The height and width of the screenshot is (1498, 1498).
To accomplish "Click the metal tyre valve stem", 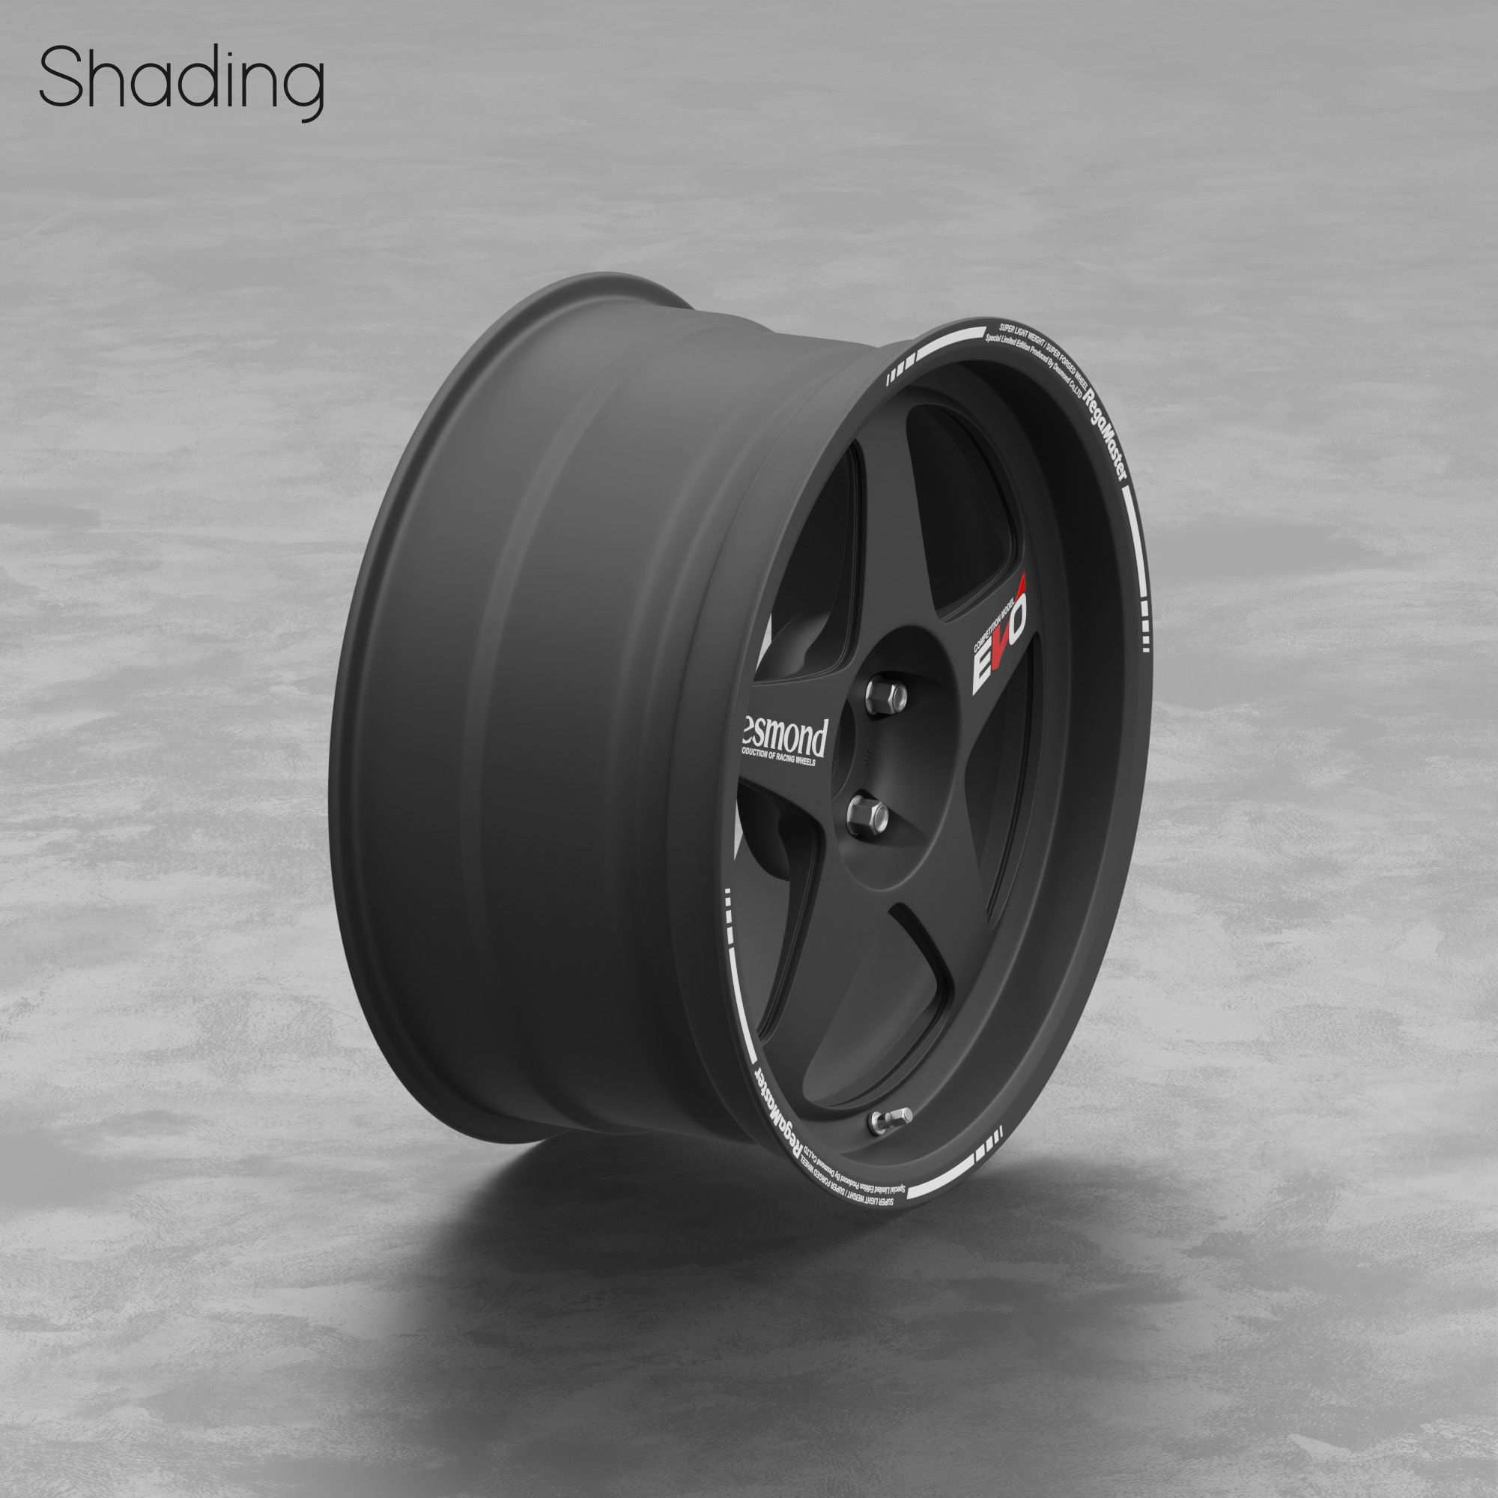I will (x=889, y=1119).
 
